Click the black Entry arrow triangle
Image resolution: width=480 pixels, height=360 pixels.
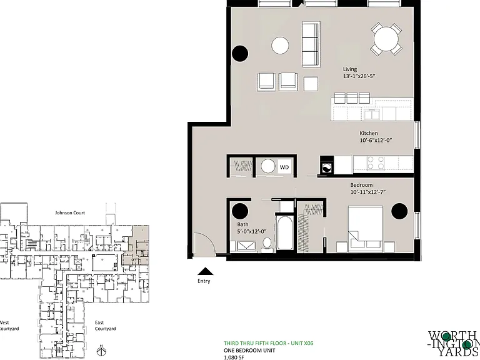(x=206, y=271)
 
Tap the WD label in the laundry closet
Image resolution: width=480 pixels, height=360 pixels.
(x=284, y=167)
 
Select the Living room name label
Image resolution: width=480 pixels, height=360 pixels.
(x=350, y=69)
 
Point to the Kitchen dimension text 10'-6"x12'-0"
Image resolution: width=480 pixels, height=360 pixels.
(x=376, y=141)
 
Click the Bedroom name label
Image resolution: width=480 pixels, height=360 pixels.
(x=361, y=185)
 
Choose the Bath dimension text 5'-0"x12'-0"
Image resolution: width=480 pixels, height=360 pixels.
(x=252, y=232)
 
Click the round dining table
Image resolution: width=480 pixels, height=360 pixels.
(x=386, y=39)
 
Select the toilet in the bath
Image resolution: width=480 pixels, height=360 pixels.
(x=267, y=246)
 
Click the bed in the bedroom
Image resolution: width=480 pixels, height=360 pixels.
(x=366, y=229)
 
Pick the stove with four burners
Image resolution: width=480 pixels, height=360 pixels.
(x=376, y=163)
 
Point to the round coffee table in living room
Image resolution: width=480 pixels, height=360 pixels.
(x=280, y=46)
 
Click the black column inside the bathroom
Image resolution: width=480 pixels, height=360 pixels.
(x=240, y=211)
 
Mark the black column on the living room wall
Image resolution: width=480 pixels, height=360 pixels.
(x=240, y=54)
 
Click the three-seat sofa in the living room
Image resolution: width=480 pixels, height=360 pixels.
(x=311, y=44)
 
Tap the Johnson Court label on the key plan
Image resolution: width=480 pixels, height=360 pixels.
(x=70, y=212)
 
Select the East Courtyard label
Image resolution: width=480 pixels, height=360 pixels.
(x=105, y=326)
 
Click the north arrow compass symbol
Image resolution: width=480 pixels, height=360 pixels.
(x=101, y=351)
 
